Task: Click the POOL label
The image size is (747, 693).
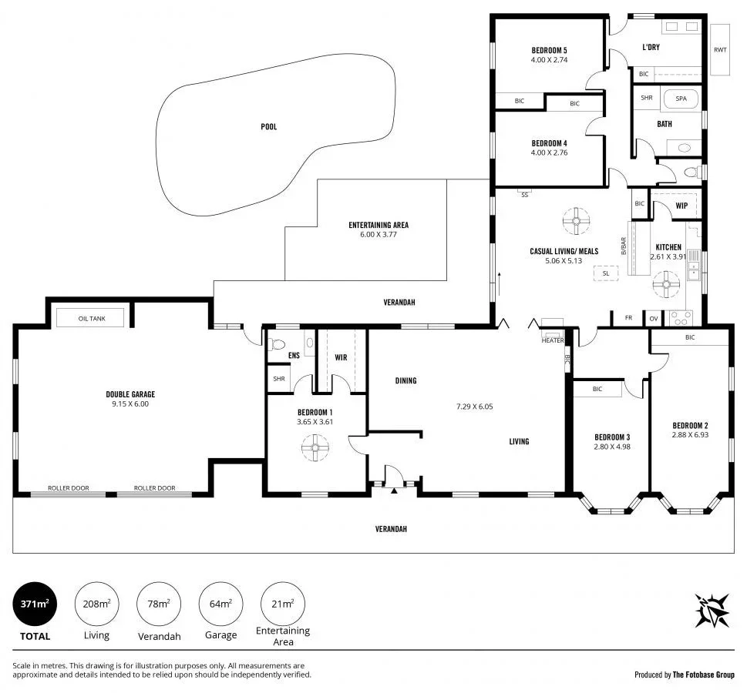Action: [268, 126]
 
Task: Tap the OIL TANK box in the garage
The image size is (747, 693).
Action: [91, 317]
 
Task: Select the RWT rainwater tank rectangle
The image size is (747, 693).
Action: [720, 50]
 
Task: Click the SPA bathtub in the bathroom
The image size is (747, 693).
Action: [681, 99]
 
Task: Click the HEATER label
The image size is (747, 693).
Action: [553, 340]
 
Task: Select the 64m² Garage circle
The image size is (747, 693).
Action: [220, 604]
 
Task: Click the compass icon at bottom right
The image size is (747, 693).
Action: [712, 610]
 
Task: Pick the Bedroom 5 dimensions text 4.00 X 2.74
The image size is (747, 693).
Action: [549, 60]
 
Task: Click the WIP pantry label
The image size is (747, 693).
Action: [681, 206]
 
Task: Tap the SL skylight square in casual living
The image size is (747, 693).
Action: [605, 273]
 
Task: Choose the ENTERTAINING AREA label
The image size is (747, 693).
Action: [379, 225]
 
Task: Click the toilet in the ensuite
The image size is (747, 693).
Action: [278, 345]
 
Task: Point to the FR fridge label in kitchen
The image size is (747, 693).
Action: [628, 317]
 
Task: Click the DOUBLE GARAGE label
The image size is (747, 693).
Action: [130, 394]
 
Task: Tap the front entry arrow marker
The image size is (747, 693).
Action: [394, 489]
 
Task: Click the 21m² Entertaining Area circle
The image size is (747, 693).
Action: [283, 604]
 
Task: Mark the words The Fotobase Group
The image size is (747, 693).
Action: [703, 675]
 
